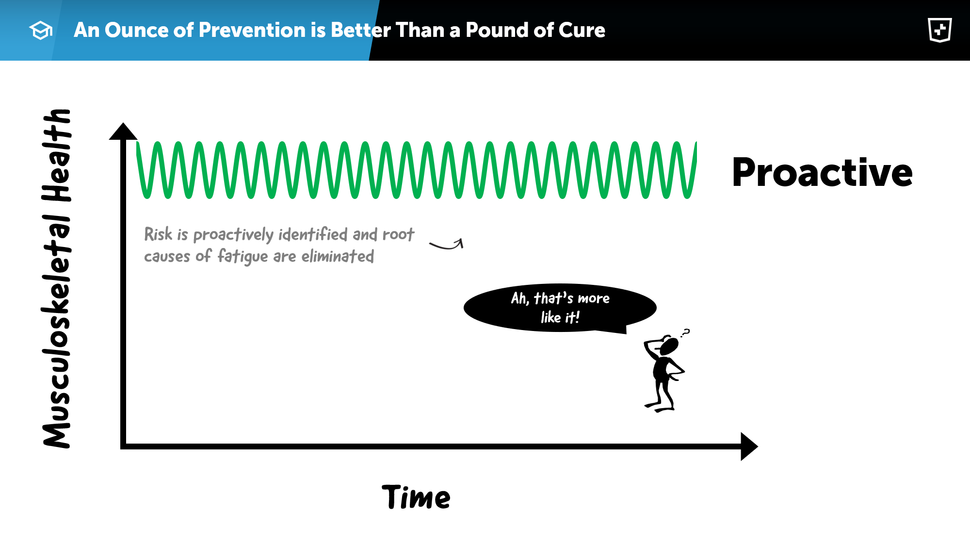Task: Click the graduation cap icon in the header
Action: (x=41, y=30)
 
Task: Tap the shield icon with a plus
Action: (x=939, y=30)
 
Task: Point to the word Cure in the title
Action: (x=582, y=30)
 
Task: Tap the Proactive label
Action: (x=822, y=172)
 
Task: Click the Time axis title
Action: (x=416, y=497)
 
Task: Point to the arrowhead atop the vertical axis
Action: (x=123, y=131)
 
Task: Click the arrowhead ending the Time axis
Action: (x=749, y=446)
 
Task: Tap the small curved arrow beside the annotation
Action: (x=447, y=245)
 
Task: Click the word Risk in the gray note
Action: (x=158, y=234)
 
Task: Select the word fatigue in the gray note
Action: (x=242, y=256)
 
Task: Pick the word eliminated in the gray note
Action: (x=338, y=256)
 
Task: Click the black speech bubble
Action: (x=560, y=308)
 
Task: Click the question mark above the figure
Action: (x=685, y=333)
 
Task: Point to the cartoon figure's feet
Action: (x=660, y=407)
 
